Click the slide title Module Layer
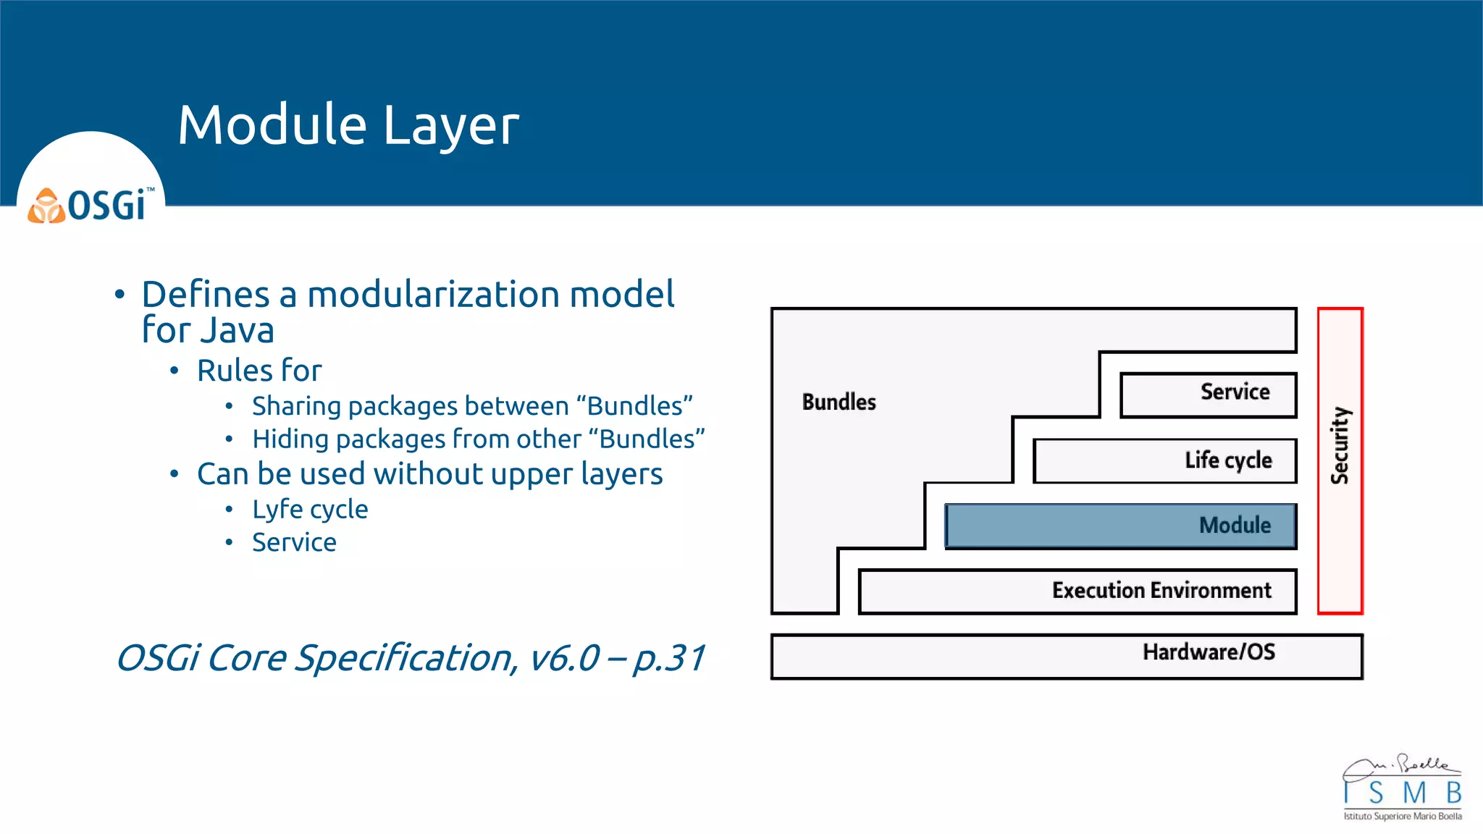(x=348, y=125)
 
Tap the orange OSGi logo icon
(x=46, y=206)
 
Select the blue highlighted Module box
(x=1120, y=526)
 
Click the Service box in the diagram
(x=1208, y=395)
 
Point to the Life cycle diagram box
(x=1164, y=460)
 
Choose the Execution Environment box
(x=1077, y=591)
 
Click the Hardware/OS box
(x=1066, y=656)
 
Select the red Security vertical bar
(x=1340, y=460)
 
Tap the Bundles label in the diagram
(x=839, y=402)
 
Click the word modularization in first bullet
(x=433, y=295)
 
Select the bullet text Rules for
(x=259, y=371)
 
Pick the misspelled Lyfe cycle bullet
(x=310, y=510)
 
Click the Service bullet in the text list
(x=294, y=542)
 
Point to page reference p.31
(x=668, y=658)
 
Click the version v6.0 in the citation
(x=564, y=658)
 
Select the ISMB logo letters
(x=1402, y=793)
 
